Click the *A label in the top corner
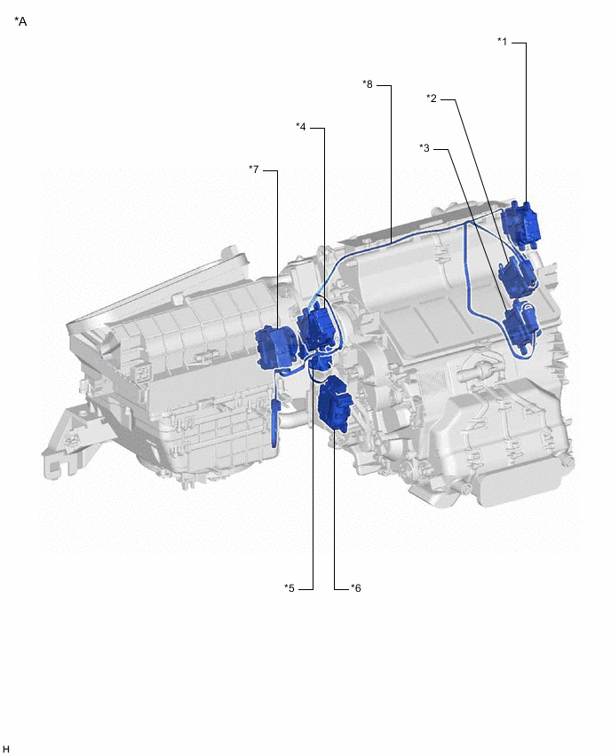[x=21, y=20]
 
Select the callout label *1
[x=503, y=41]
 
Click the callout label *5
[x=290, y=587]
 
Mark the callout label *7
[x=254, y=169]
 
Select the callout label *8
[x=368, y=84]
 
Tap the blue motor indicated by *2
[x=516, y=276]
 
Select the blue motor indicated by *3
[x=520, y=324]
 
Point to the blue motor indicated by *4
[x=317, y=327]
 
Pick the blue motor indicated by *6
[x=334, y=404]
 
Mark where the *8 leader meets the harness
[x=392, y=240]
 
